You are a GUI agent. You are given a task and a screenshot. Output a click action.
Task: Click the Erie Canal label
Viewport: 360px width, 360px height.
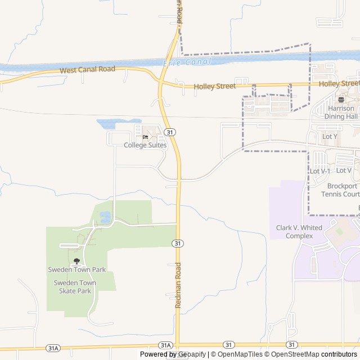[187, 62]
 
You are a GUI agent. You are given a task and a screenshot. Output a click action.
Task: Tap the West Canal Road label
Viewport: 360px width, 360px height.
[88, 70]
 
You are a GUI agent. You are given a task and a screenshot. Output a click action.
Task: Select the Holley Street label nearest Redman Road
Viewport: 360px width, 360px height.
[214, 87]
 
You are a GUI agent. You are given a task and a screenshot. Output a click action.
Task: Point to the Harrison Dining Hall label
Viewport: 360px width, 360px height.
[341, 112]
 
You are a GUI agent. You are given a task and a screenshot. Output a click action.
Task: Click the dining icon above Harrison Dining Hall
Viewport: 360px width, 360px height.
[341, 99]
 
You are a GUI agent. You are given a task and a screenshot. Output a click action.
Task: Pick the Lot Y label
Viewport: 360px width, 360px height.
[330, 136]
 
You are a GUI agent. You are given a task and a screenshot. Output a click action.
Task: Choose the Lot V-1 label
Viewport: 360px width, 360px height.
[320, 171]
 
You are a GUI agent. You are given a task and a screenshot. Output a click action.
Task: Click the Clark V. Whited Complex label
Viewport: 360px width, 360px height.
[299, 232]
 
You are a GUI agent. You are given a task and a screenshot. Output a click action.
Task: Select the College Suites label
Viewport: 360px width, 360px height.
[145, 145]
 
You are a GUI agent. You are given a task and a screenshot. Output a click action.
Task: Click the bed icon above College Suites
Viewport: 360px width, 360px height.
[145, 137]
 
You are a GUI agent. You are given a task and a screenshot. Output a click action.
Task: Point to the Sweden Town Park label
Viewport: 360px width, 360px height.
[76, 269]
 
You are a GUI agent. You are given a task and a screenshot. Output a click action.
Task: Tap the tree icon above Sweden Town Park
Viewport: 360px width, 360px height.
[76, 261]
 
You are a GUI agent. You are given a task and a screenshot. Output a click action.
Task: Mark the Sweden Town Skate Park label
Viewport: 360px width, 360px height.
[75, 287]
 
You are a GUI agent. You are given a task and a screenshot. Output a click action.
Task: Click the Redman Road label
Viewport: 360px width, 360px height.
[178, 284]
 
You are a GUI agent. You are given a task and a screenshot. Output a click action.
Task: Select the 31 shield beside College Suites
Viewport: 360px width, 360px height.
[170, 132]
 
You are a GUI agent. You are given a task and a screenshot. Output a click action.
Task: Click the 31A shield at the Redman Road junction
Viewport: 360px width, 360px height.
[165, 345]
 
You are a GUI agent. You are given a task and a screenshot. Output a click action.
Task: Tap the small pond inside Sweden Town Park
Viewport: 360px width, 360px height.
[105, 217]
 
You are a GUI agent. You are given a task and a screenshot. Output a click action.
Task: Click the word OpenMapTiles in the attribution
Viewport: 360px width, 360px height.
[240, 354]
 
